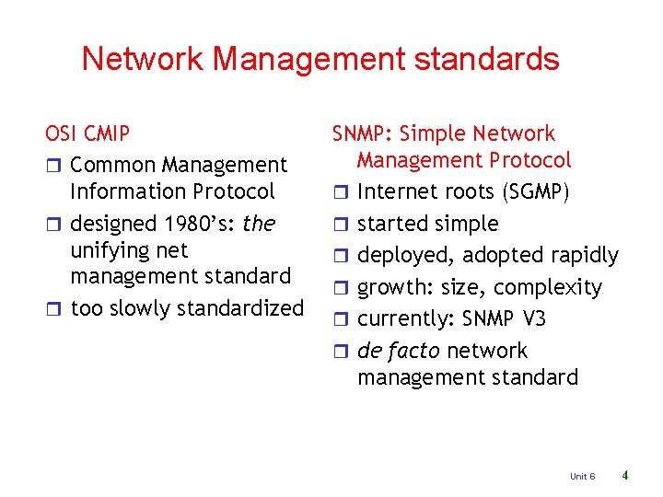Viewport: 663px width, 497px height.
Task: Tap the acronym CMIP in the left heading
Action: pos(107,134)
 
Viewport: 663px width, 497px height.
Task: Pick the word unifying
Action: pos(109,250)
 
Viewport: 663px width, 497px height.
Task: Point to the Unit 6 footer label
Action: pos(582,476)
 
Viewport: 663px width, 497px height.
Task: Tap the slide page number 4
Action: pos(625,476)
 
